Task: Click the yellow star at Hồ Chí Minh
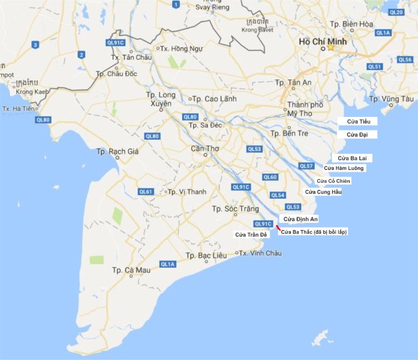click(331, 47)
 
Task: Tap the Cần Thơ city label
click(205, 148)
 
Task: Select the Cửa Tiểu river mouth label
click(358, 121)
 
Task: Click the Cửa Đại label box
click(357, 134)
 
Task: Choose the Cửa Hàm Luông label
click(344, 168)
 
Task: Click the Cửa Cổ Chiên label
click(333, 181)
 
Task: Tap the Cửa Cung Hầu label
click(323, 192)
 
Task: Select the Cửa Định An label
click(299, 218)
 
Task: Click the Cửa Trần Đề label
click(251, 234)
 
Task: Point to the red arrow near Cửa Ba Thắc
click(278, 229)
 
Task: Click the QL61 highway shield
click(146, 191)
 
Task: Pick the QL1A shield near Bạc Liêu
click(167, 264)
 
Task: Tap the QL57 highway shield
click(306, 166)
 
